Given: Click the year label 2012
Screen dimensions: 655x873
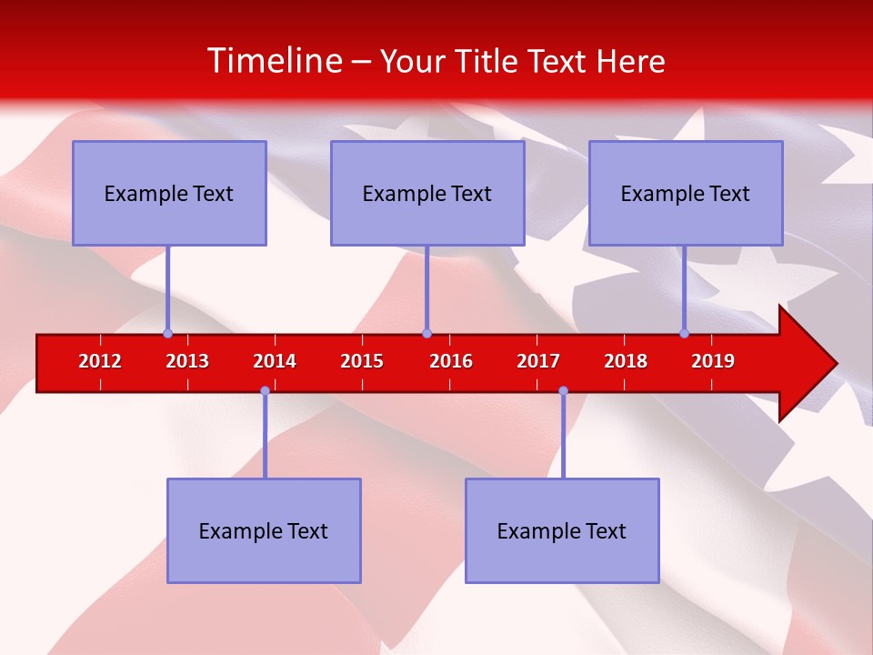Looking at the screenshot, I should (100, 361).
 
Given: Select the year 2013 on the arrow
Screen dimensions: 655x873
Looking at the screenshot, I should (187, 361).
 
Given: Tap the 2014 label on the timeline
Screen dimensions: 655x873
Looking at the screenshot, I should (275, 361).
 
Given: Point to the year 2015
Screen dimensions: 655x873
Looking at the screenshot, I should (362, 361).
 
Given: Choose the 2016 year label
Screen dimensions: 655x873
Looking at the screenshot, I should (451, 361).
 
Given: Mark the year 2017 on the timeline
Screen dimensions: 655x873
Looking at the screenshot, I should (538, 361).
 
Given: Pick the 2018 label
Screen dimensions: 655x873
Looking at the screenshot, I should (626, 361).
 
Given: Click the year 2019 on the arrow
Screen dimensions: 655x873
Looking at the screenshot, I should (713, 361).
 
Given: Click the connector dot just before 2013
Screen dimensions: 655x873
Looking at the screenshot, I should (167, 333).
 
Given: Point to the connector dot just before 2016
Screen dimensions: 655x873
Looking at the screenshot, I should (426, 333).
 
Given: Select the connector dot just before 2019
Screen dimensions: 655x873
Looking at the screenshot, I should (684, 333).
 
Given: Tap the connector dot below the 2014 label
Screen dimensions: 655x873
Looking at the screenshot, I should (265, 390).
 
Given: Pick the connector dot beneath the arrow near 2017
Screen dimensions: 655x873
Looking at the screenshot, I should (563, 390).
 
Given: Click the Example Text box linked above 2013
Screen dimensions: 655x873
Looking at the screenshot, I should (169, 193).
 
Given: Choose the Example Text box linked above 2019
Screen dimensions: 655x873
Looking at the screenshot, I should (686, 193).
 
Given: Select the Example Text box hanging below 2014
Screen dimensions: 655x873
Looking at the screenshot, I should (264, 530).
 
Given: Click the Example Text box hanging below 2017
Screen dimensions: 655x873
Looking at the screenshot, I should (562, 530).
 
